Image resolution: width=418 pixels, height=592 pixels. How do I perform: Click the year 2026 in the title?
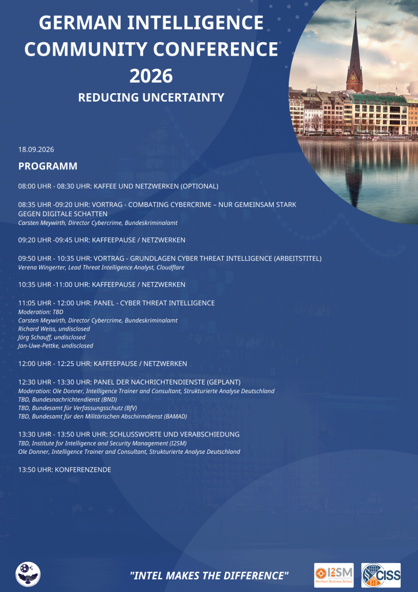coord(151,75)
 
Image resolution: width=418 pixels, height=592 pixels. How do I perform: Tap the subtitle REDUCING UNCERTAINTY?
coord(151,97)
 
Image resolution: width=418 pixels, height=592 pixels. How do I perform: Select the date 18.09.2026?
coord(36,150)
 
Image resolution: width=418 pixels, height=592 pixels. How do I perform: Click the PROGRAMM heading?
coord(48,166)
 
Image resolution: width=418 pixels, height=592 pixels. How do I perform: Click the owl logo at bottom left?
coord(28,574)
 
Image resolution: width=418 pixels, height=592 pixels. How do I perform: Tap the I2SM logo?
coord(334,575)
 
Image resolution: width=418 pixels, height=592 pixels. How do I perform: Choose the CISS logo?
coord(381,575)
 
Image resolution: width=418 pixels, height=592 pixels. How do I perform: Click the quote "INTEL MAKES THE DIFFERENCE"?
coord(209,575)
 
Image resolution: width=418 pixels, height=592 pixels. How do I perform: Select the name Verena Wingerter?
coord(42,268)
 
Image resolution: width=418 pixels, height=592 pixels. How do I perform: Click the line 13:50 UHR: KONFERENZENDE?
coord(65,469)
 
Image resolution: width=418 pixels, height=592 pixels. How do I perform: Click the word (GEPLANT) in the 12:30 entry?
coord(219,382)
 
